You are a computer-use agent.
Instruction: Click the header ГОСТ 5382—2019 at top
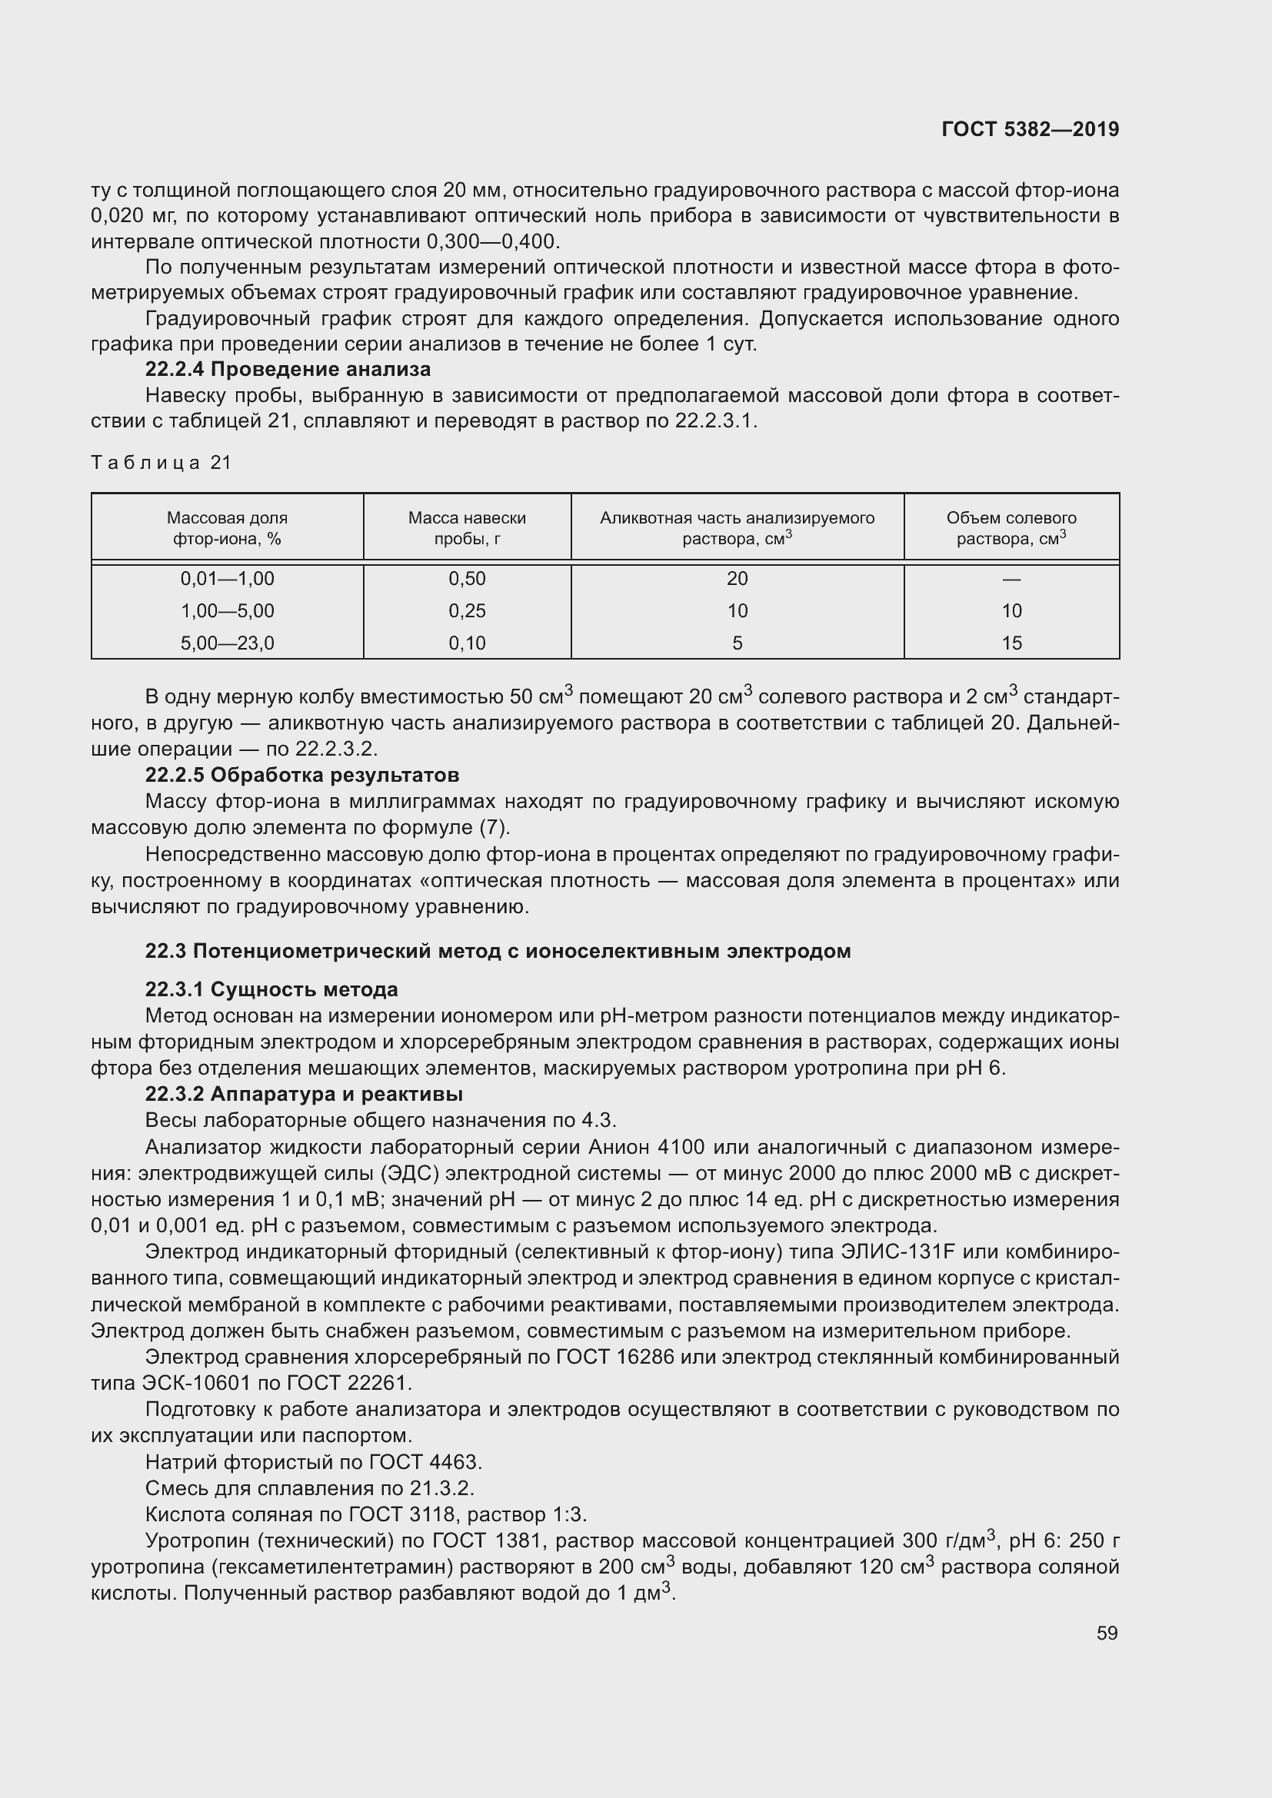(1030, 129)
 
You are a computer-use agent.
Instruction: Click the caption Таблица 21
(161, 463)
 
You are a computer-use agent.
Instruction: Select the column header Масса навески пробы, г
(467, 528)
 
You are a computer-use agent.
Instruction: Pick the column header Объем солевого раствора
(1011, 528)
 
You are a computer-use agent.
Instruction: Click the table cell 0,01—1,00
(227, 579)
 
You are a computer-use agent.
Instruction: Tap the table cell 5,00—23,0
(227, 643)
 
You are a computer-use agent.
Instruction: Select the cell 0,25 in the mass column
(467, 611)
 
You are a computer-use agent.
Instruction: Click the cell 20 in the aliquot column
(737, 579)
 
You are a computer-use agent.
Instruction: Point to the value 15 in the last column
(1011, 643)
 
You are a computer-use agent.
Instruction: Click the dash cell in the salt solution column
(1011, 579)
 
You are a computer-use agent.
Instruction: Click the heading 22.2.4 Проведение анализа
(288, 369)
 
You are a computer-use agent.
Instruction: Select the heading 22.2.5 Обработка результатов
(301, 776)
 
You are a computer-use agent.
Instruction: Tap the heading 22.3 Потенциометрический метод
(498, 952)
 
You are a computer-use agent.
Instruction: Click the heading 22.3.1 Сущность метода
(271, 990)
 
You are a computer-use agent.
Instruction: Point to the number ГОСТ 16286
(615, 1357)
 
